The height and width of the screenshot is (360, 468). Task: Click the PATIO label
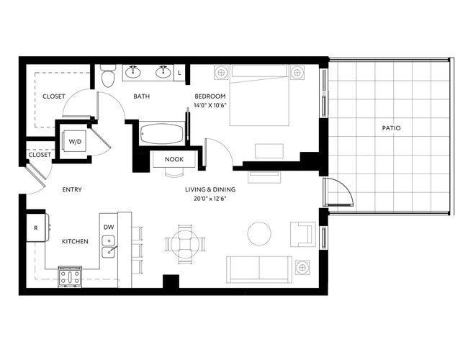(392, 128)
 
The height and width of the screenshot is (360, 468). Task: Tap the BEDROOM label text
(210, 96)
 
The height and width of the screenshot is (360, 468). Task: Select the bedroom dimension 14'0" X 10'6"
(210, 106)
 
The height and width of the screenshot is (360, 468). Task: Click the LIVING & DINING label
(210, 190)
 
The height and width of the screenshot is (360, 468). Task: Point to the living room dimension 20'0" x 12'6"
(210, 199)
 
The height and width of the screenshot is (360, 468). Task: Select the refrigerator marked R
(37, 227)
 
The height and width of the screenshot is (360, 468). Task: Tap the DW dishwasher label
(109, 227)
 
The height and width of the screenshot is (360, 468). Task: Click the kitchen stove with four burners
(69, 276)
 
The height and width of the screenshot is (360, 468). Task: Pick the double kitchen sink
(109, 251)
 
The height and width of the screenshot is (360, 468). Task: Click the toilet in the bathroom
(108, 76)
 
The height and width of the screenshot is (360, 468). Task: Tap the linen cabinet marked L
(179, 73)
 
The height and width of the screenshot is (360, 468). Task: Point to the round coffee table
(259, 233)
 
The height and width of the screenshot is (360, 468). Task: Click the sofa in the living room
(259, 269)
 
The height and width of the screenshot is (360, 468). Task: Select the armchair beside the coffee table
(302, 234)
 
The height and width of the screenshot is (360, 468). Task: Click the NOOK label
(174, 159)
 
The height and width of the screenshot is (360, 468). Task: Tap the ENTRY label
(72, 190)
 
